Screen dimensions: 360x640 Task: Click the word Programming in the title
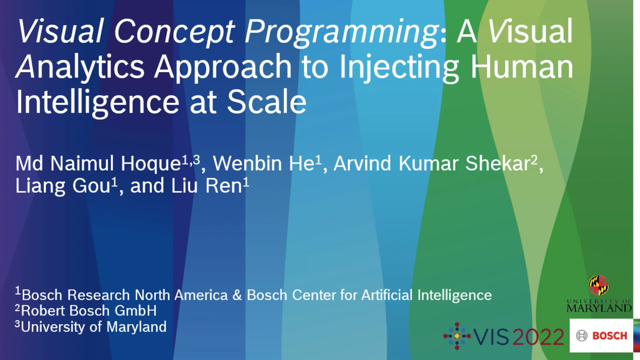(342, 32)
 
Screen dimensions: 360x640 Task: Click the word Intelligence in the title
(98, 102)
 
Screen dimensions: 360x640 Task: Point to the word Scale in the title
(267, 102)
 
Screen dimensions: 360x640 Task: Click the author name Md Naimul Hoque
(98, 164)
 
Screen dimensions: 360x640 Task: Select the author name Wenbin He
(263, 164)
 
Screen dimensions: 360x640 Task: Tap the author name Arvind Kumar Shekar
(432, 164)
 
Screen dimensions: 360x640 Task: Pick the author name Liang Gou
(63, 186)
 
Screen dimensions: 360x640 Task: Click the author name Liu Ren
(207, 186)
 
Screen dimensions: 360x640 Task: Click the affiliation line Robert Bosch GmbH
(89, 311)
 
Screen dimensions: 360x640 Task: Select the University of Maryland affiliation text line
(93, 327)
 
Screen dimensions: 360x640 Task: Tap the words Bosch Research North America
(125, 295)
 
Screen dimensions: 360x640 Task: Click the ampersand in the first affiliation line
(237, 295)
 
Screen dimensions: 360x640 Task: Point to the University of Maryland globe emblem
(598, 285)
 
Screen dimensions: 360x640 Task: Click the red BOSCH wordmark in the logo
(610, 336)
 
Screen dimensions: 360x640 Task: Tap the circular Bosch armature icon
(582, 336)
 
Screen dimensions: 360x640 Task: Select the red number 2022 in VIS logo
(538, 337)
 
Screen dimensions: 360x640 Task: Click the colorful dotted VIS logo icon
(457, 336)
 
